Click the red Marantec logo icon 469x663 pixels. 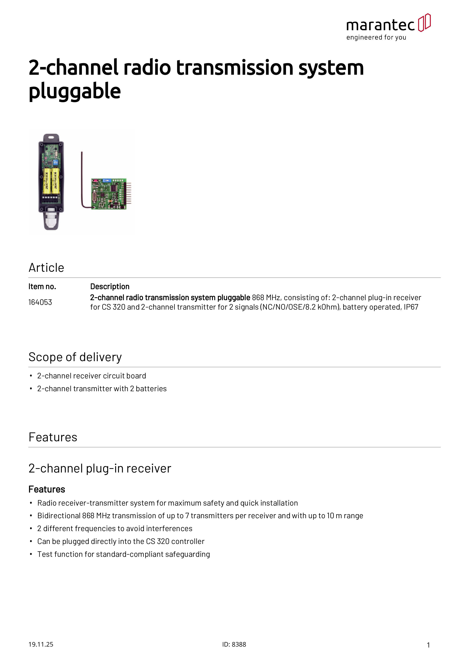coord(424,22)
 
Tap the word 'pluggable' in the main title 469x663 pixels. coord(75,91)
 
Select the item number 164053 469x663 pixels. coord(40,302)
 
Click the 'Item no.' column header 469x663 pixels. coord(42,287)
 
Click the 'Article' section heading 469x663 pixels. coord(46,268)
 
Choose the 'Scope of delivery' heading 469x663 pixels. coord(75,357)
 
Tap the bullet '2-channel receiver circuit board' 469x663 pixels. coord(92,376)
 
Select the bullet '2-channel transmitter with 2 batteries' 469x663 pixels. coord(102,389)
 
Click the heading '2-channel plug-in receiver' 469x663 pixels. coord(100,468)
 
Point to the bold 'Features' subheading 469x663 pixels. coord(47,490)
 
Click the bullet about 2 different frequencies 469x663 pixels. coord(115,528)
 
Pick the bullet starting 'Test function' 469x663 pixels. coord(123,554)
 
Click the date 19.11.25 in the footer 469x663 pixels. coord(41,644)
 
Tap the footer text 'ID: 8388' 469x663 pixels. coord(234,644)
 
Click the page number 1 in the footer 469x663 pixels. coord(428,645)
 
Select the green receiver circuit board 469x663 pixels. coord(109,194)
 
